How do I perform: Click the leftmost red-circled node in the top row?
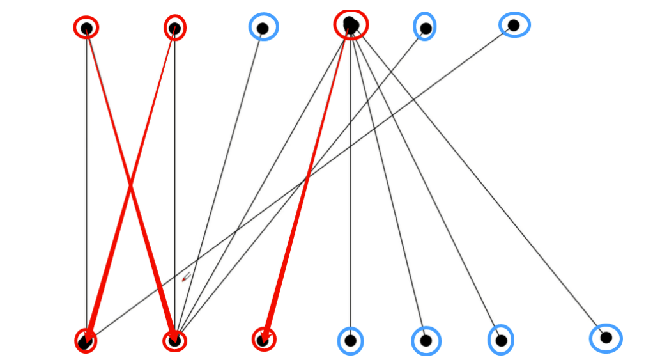point(86,27)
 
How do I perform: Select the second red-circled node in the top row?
point(174,27)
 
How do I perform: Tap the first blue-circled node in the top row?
point(262,27)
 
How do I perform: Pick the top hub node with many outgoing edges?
point(351,25)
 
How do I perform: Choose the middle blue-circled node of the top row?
point(426,27)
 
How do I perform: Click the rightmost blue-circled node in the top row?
point(514,25)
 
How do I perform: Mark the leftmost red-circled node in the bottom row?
point(86,341)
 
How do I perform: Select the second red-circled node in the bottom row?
point(174,341)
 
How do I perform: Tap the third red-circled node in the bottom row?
point(263,340)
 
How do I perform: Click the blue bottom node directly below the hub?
point(350,340)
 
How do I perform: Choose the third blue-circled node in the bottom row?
point(501,340)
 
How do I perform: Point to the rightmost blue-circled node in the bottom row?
point(606,338)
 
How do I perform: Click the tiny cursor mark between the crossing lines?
point(186,277)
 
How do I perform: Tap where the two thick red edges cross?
point(130,185)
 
